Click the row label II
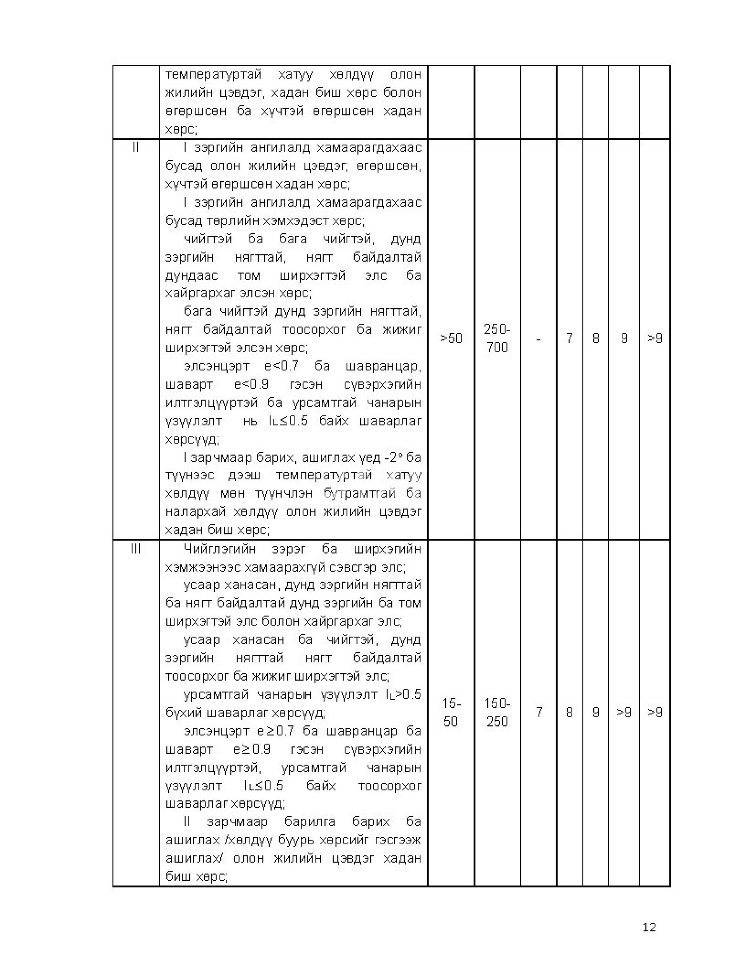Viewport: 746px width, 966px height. pos(136,148)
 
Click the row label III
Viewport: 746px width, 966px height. pos(136,549)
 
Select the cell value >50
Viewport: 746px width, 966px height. pos(451,338)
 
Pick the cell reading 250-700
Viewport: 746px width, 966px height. pos(497,338)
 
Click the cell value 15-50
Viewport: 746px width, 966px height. pos(451,713)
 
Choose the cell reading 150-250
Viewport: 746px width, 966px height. pos(497,713)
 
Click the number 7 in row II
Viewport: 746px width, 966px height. pos(570,338)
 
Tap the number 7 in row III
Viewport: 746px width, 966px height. pos(539,713)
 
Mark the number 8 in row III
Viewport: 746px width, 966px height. pos(570,713)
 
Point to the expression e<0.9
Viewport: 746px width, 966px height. pos(251,385)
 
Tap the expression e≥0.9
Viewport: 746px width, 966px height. pos(251,750)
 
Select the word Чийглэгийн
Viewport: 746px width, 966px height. pos(220,549)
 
